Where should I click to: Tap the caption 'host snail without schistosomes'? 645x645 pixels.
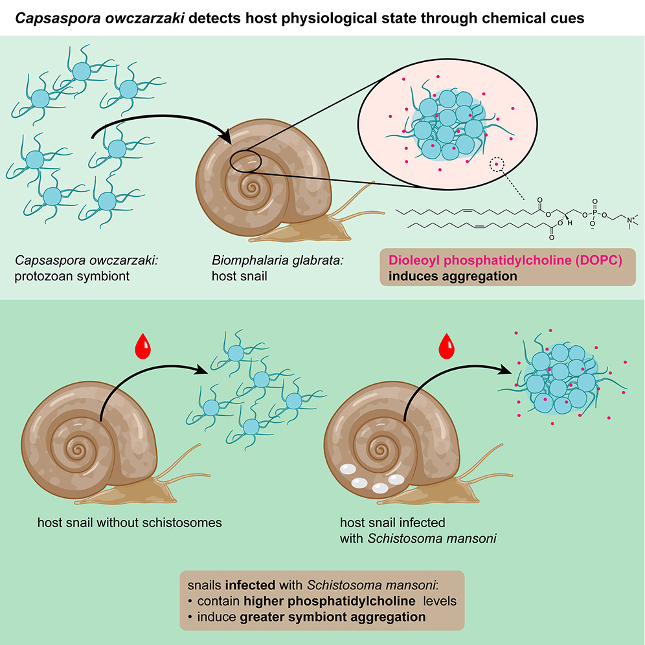(x=130, y=522)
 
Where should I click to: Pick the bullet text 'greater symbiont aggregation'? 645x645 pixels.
(x=332, y=617)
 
